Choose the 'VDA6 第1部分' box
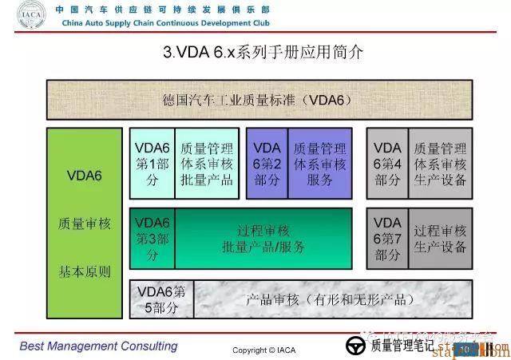(x=152, y=164)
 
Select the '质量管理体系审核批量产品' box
(x=207, y=164)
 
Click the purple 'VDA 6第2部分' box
(x=267, y=164)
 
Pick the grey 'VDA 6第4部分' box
(x=387, y=164)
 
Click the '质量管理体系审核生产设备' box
(x=439, y=164)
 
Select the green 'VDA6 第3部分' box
(x=152, y=238)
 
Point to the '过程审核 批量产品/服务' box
(x=263, y=238)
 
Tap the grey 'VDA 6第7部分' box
(x=387, y=238)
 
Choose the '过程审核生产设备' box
(x=439, y=238)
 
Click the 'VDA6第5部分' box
(x=160, y=299)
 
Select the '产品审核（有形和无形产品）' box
(x=330, y=299)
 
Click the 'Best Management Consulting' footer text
(x=99, y=346)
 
